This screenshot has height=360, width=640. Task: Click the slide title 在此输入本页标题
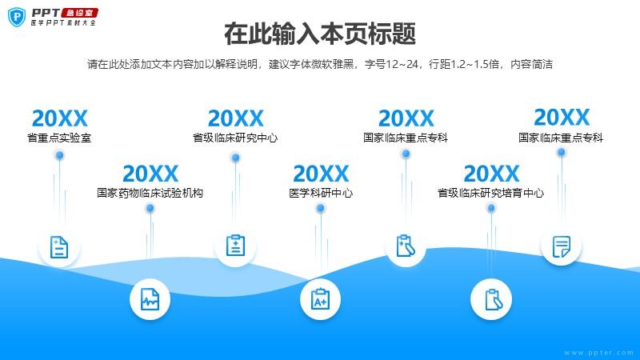[x=320, y=34]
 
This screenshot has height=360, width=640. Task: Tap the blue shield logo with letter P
[x=17, y=17]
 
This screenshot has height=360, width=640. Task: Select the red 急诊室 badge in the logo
[x=79, y=13]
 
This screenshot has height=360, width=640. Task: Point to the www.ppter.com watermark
[x=598, y=353]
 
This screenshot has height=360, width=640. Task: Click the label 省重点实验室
[x=59, y=138]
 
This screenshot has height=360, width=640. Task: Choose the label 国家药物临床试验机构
[x=150, y=193]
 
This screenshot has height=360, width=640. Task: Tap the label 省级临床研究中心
[x=235, y=138]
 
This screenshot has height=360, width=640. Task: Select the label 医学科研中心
[x=321, y=193]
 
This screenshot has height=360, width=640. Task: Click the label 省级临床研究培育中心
[x=491, y=193]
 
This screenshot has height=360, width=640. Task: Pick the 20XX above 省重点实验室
[x=59, y=118]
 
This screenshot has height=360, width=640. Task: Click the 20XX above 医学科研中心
[x=321, y=174]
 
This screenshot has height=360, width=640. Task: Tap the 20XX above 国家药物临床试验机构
[x=150, y=174]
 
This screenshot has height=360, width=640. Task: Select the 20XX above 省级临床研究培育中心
[x=491, y=174]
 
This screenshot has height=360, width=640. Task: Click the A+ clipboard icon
[x=321, y=298]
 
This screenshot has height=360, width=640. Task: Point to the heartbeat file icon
[x=150, y=299]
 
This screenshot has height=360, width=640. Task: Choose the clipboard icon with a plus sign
[x=235, y=246]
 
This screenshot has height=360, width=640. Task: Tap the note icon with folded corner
[x=562, y=246]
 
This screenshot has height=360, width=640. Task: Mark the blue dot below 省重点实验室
[x=59, y=155]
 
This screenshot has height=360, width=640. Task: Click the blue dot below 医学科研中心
[x=321, y=208]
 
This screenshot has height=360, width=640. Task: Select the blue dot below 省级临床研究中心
[x=235, y=158]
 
